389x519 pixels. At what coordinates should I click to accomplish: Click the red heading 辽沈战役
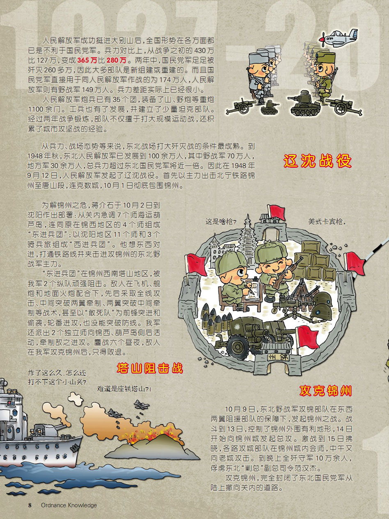pyautogui.click(x=317, y=161)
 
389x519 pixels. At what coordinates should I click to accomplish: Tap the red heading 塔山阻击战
pyautogui.click(x=150, y=368)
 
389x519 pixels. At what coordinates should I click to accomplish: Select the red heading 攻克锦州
pyautogui.click(x=326, y=391)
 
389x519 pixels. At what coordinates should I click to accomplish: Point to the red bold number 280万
pyautogui.click(x=117, y=60)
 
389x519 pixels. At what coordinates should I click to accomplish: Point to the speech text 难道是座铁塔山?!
pyautogui.click(x=124, y=389)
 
